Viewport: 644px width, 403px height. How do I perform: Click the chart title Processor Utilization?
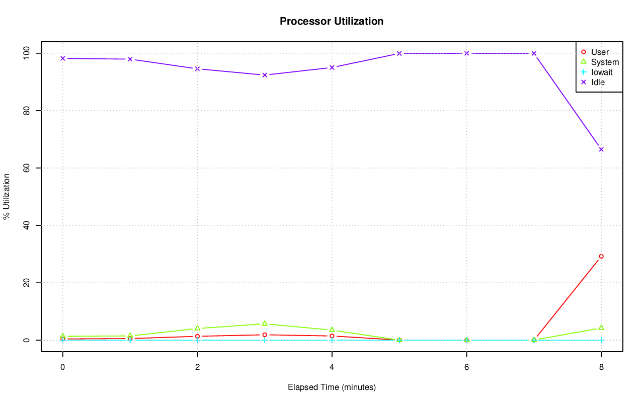[x=332, y=21]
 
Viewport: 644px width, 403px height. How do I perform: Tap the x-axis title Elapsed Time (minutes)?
[x=332, y=387]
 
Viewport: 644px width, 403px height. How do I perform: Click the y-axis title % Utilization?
[x=7, y=196]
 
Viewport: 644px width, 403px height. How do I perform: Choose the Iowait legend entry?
[x=602, y=72]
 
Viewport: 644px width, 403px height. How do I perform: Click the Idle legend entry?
[x=598, y=82]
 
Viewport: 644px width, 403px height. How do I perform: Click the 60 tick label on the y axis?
[x=27, y=168]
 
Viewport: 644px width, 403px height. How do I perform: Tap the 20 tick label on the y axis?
[x=27, y=283]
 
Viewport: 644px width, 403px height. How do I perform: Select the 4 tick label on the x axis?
[x=332, y=367]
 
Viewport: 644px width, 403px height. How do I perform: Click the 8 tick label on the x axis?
[x=601, y=367]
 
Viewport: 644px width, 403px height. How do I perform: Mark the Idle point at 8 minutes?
[x=601, y=149]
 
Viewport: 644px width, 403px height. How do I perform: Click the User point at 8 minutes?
[x=601, y=257]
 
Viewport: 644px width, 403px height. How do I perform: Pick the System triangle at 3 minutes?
[x=265, y=324]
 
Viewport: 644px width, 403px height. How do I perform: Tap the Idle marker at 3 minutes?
[x=265, y=75]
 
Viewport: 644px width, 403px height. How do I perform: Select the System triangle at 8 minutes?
[x=601, y=328]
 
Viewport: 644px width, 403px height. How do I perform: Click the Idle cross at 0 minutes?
[x=63, y=58]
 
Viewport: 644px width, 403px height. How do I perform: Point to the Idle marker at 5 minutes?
[x=399, y=53]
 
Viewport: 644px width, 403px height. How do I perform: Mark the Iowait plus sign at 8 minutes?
[x=601, y=340]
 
